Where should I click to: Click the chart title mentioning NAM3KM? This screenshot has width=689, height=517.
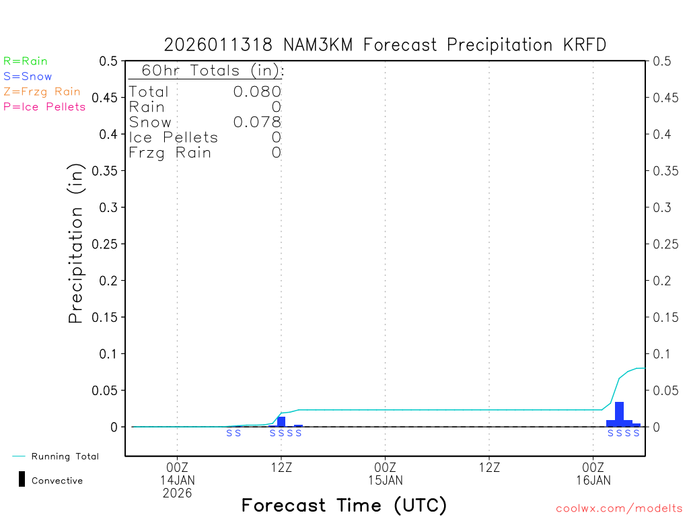click(385, 45)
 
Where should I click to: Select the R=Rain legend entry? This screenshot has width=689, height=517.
click(26, 61)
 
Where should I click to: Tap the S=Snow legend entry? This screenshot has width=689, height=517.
click(28, 77)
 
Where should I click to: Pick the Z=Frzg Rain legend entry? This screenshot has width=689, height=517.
click(42, 92)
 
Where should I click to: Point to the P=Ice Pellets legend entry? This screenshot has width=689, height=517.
click(44, 106)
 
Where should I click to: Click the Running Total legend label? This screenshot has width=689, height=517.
click(65, 456)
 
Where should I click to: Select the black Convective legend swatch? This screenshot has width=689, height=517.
click(22, 479)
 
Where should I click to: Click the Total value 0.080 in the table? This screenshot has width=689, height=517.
click(257, 92)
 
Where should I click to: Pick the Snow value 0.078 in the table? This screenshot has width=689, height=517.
click(257, 122)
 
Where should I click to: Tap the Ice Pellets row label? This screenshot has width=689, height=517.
click(174, 137)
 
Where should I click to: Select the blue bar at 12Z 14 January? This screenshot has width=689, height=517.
click(281, 421)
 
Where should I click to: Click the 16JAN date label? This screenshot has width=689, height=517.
click(593, 480)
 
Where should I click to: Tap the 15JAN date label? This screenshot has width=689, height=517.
click(386, 480)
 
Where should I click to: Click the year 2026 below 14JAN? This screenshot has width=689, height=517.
click(177, 493)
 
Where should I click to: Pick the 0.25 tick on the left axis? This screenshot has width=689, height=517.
click(110, 244)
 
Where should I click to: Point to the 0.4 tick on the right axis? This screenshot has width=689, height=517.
click(662, 134)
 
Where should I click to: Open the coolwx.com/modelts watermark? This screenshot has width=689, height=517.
click(619, 509)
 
